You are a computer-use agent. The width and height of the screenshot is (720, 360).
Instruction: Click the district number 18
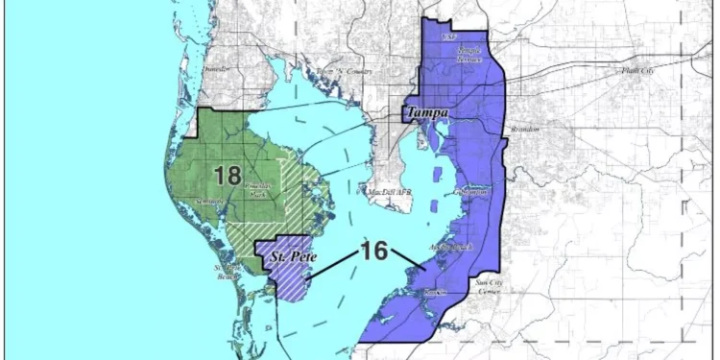click(x=228, y=176)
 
